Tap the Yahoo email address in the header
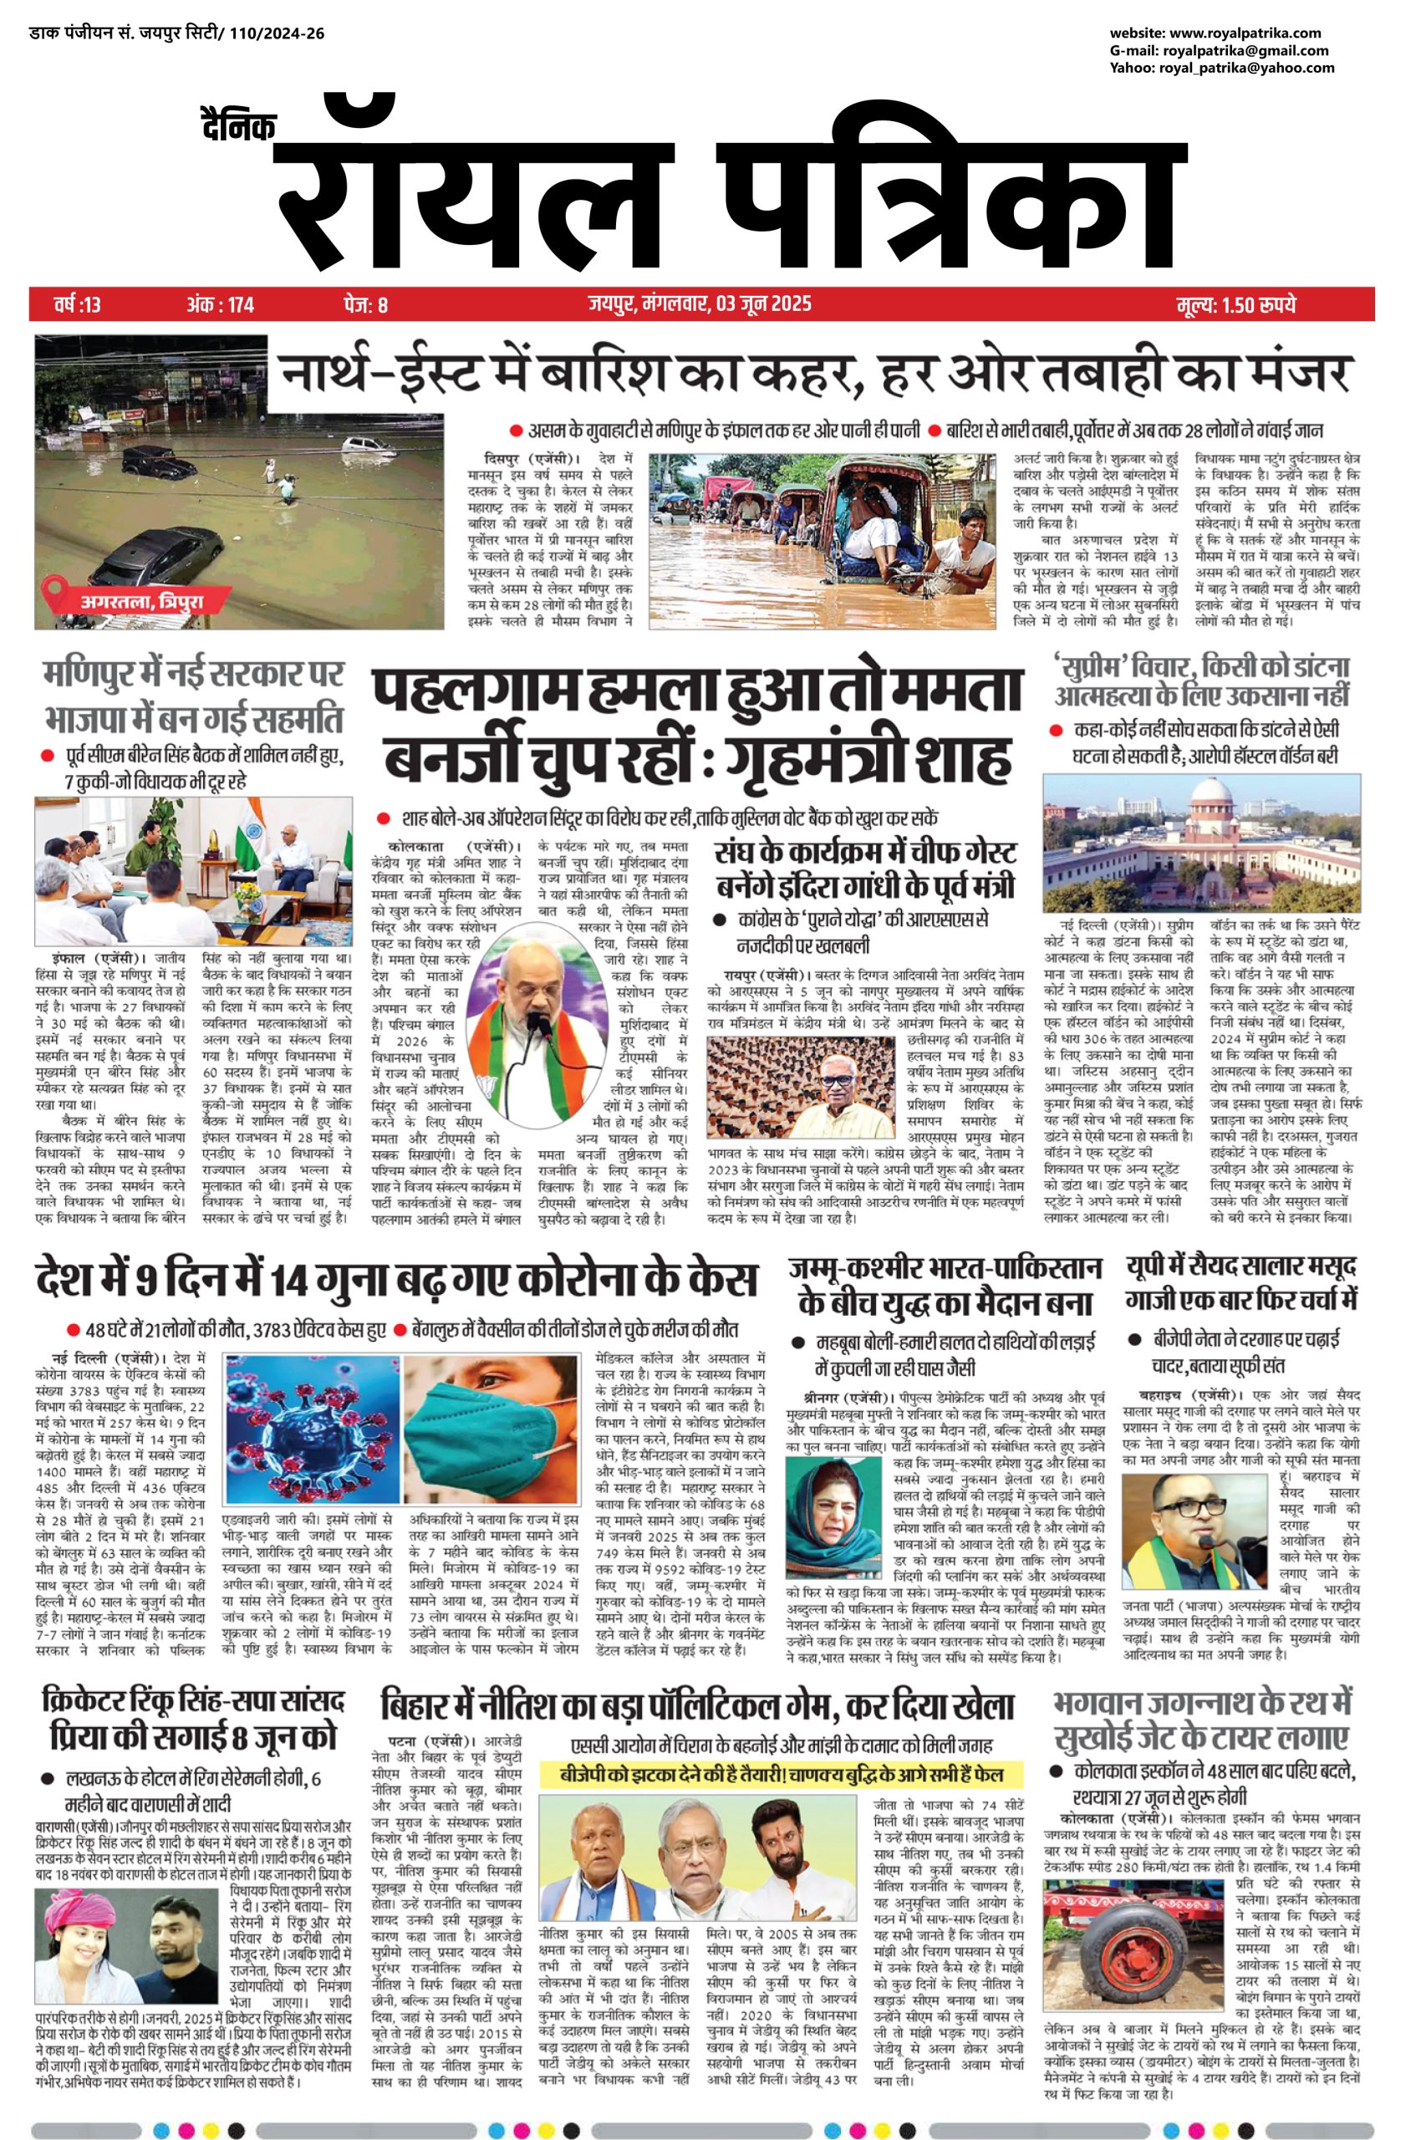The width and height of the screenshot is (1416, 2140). (x=1247, y=68)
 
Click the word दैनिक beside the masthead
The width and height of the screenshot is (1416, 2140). (x=238, y=126)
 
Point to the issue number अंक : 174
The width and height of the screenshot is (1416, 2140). (x=221, y=304)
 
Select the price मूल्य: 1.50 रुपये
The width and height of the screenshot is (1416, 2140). (x=1236, y=304)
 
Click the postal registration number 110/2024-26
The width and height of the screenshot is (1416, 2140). (x=272, y=34)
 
